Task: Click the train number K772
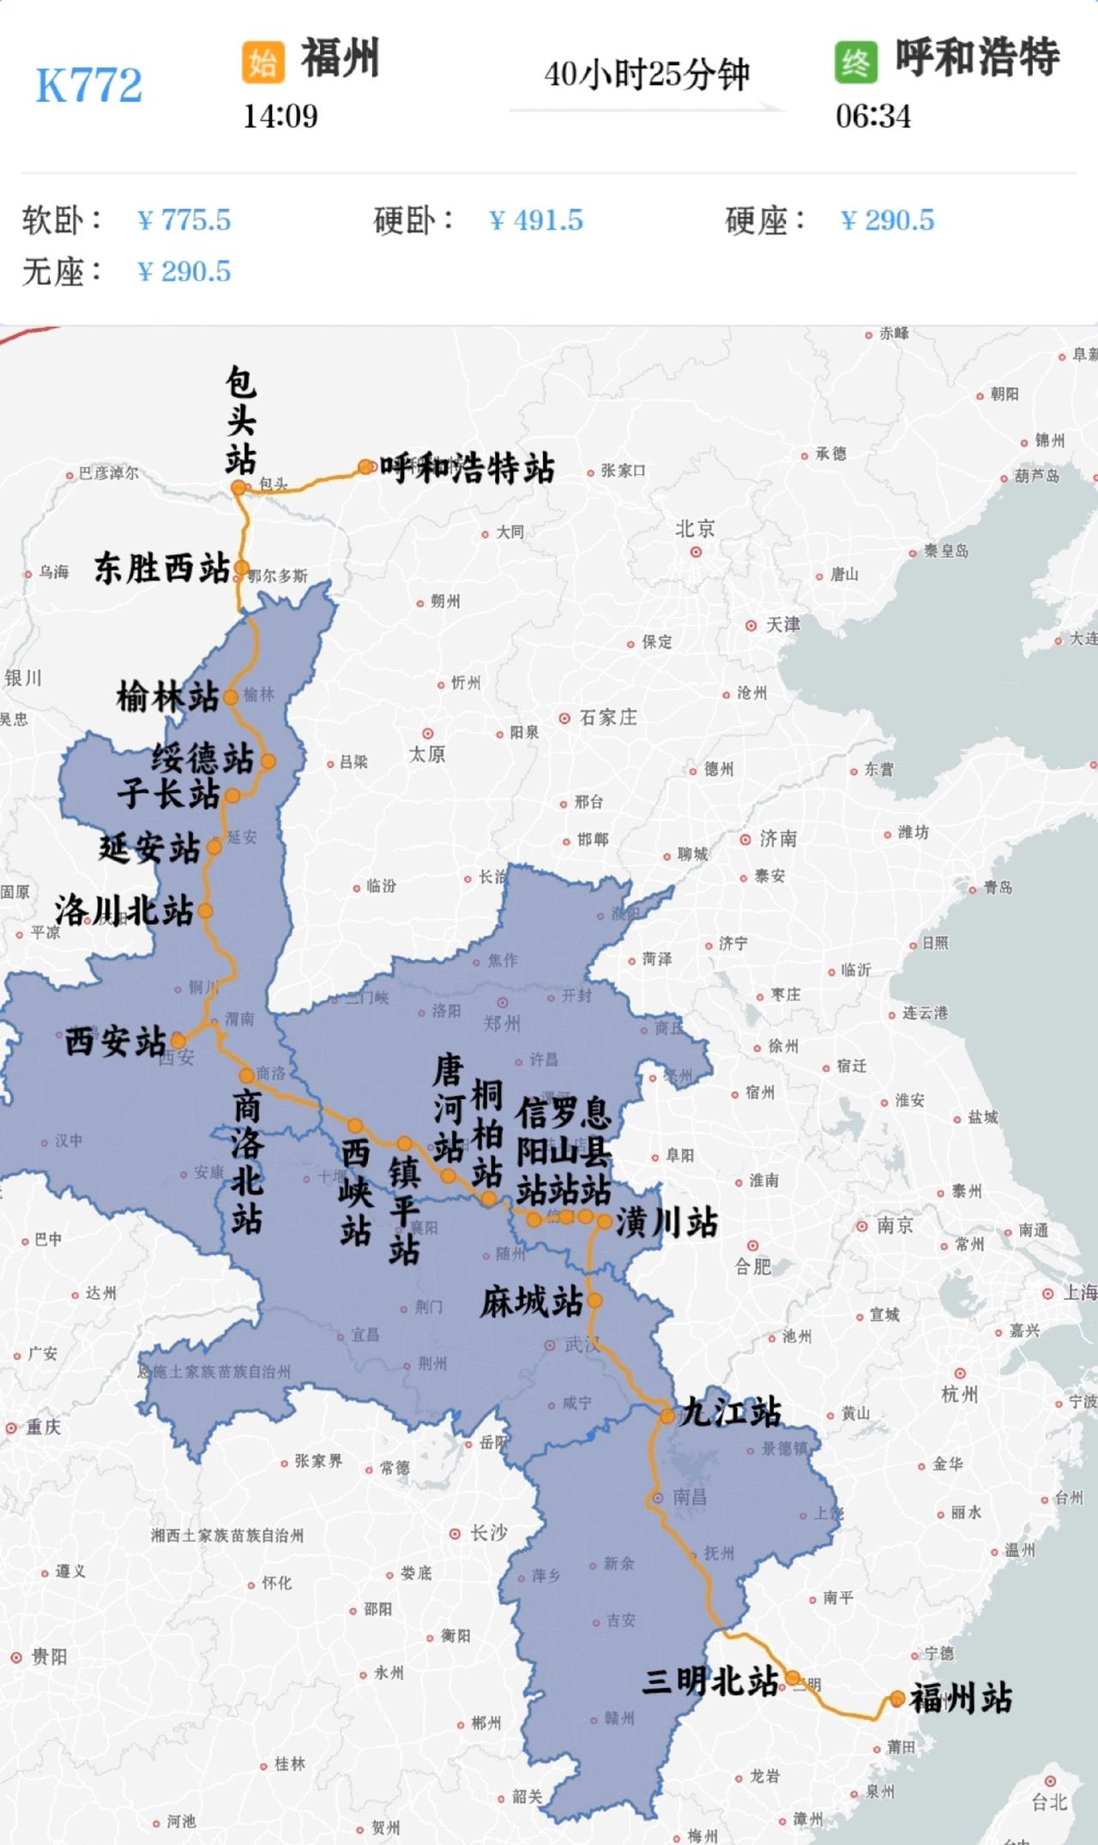(88, 85)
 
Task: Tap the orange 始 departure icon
(262, 62)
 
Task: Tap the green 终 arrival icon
(855, 62)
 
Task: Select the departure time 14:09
(280, 116)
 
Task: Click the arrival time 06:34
(872, 116)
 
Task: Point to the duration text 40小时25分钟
(646, 75)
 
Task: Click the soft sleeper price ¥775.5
(184, 220)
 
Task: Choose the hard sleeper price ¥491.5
(535, 220)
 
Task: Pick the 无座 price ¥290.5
(184, 272)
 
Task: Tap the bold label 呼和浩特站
(467, 468)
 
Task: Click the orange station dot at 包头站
(238, 488)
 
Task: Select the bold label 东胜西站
(161, 568)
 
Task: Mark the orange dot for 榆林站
(231, 697)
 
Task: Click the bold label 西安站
(115, 1042)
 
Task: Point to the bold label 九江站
(730, 1411)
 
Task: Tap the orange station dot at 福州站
(897, 1698)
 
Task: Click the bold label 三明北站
(710, 1681)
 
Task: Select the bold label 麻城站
(531, 1302)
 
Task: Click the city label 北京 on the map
(695, 529)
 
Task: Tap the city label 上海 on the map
(1079, 1292)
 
